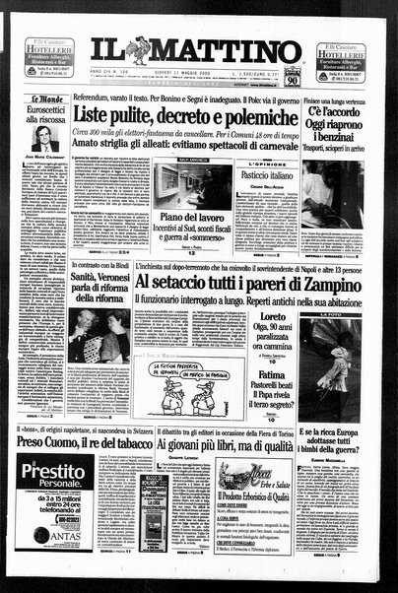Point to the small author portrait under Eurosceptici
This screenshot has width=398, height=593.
point(44,139)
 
